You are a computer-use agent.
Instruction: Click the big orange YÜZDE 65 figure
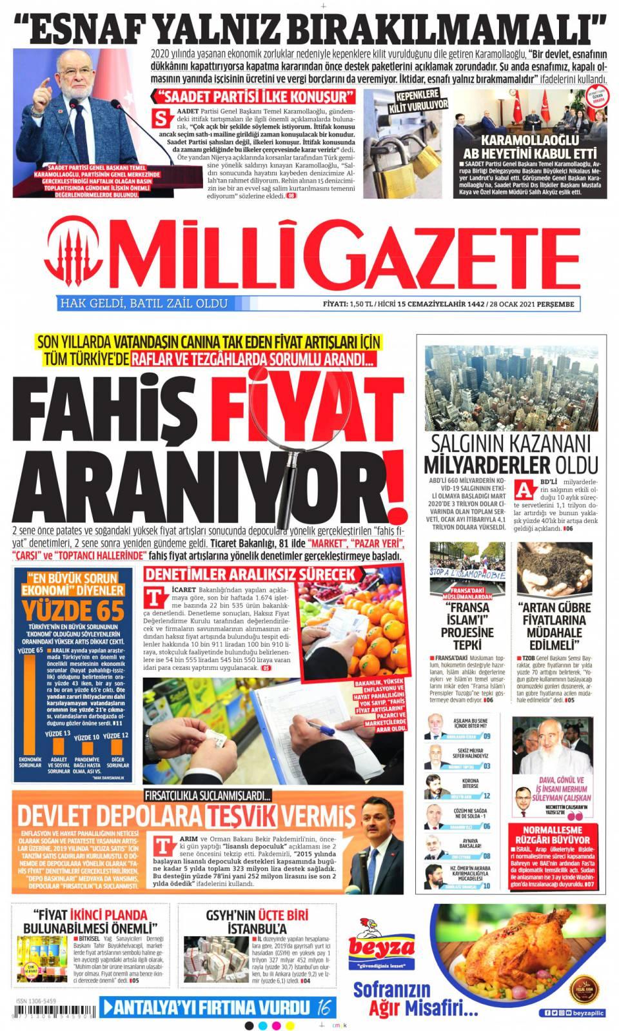click(x=75, y=610)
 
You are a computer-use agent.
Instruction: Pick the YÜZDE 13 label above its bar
click(x=57, y=734)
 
